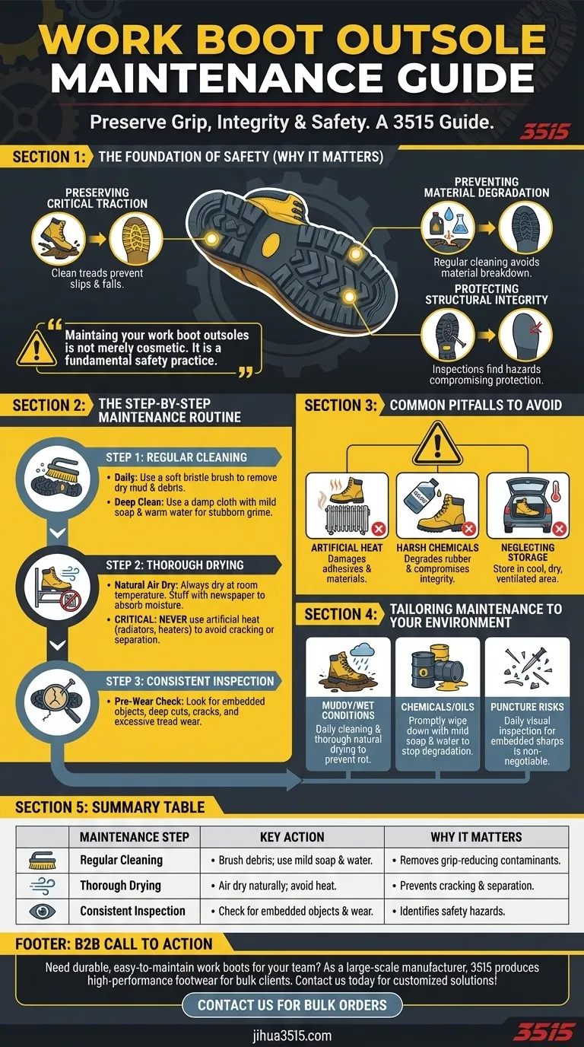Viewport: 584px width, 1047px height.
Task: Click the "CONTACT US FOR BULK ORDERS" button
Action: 292,1004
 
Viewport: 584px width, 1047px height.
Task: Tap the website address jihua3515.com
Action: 292,1035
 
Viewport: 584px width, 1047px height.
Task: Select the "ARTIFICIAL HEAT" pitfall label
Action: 347,548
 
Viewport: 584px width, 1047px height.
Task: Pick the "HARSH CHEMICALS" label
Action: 437,548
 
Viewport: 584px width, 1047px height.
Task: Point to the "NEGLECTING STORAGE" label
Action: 528,553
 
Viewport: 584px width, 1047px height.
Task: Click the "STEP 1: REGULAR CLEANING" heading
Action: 176,457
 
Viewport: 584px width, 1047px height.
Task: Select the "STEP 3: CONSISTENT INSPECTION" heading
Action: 190,681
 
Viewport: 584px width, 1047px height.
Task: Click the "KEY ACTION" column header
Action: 292,837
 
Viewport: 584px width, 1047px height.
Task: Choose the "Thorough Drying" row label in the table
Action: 120,886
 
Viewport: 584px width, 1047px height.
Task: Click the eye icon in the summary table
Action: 37,911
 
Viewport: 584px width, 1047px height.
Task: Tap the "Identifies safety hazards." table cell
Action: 466,911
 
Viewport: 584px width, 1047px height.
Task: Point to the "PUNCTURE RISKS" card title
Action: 527,707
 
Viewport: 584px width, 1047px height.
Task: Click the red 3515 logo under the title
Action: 544,131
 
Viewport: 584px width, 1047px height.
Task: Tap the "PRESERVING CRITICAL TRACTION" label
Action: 97,198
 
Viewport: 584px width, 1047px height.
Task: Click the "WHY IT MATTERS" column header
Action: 476,837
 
